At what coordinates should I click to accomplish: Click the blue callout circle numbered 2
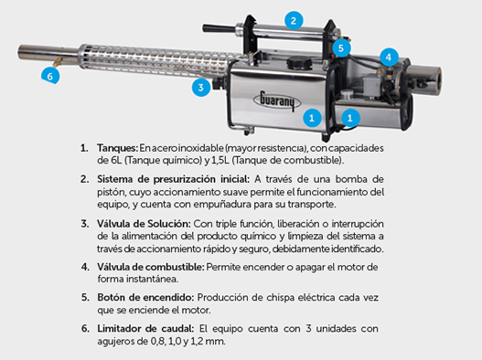coord(293,19)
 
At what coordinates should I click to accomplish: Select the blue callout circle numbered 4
coord(388,57)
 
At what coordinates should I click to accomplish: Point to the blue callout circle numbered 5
coord(340,48)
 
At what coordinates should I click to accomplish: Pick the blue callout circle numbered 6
coord(50,76)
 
